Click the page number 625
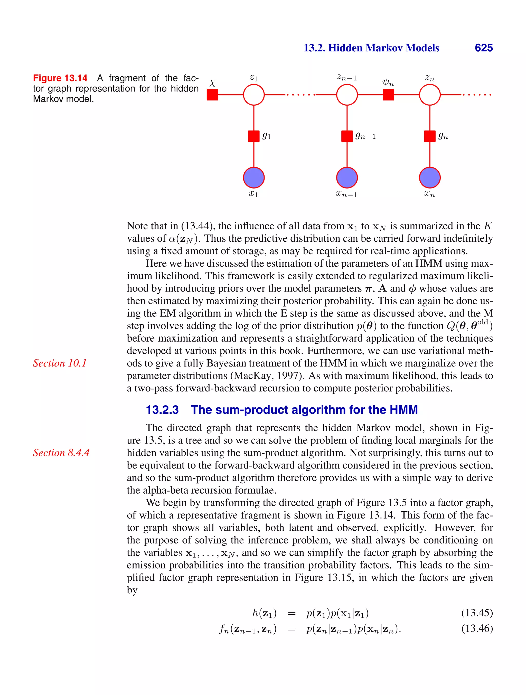(x=484, y=48)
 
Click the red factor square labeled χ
(x=212, y=95)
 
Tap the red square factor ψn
(x=388, y=95)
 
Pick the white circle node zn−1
(x=347, y=95)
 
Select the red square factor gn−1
(x=347, y=136)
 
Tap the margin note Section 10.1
(x=60, y=363)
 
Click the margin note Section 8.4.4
(x=61, y=453)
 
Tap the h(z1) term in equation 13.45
(x=264, y=613)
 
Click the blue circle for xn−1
(x=347, y=177)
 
